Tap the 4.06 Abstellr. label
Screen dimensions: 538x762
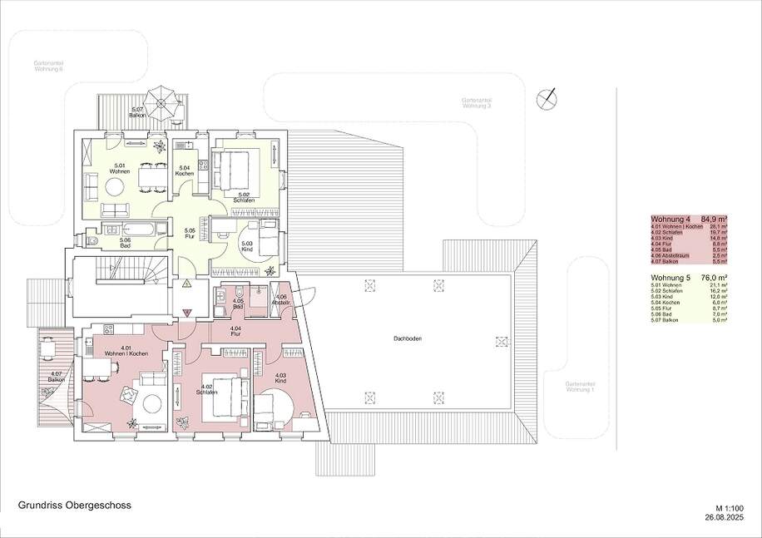click(282, 299)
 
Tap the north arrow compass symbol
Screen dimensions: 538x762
click(546, 97)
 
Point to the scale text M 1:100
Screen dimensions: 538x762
click(727, 507)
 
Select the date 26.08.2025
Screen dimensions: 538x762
click(722, 517)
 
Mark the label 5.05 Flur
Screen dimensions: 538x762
click(190, 232)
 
